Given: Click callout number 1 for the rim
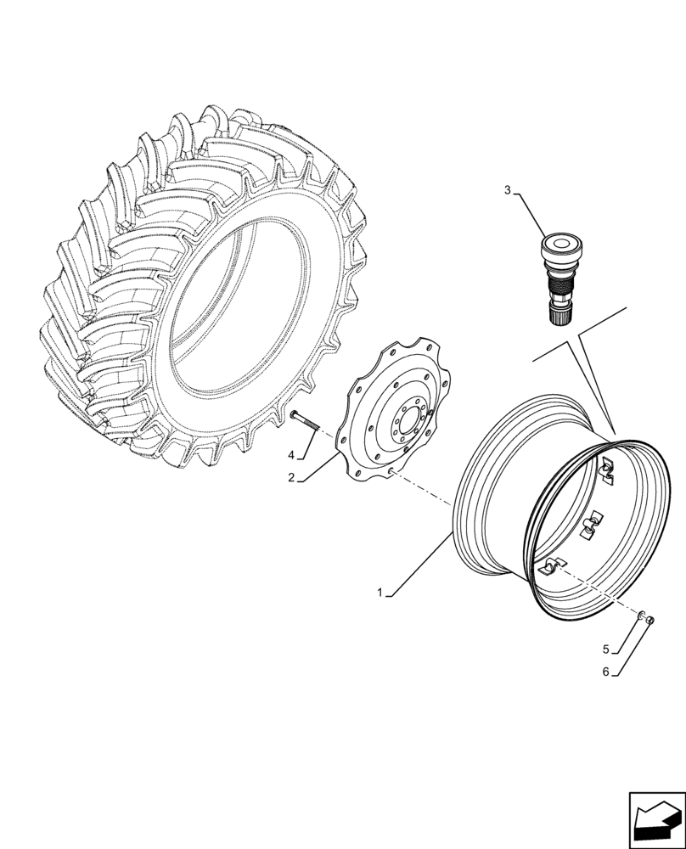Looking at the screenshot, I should (x=381, y=593).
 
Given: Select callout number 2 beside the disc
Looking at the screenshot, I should (x=290, y=478).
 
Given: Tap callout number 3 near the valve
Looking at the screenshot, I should (x=508, y=190).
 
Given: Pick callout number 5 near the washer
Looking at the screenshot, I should (x=606, y=649).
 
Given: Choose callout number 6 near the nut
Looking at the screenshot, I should (x=606, y=672).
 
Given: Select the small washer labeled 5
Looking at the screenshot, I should (x=642, y=616).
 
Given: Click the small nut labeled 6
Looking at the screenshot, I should (x=650, y=621).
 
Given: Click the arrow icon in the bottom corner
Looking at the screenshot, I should (x=655, y=818).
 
